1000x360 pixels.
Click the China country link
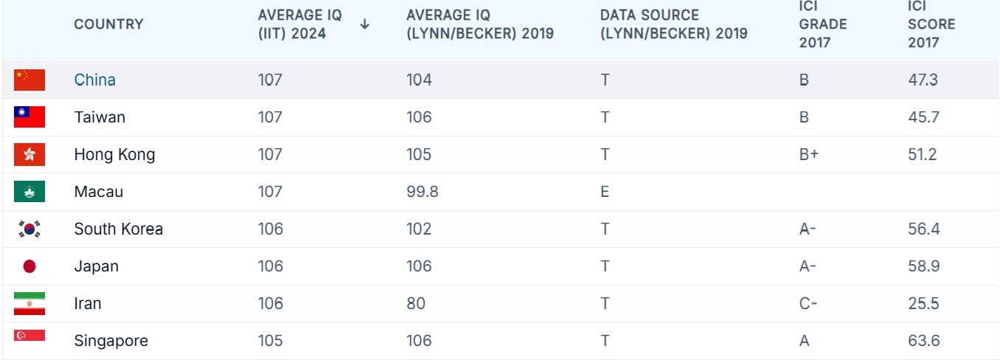point(94,80)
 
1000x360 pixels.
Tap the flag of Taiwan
point(29,117)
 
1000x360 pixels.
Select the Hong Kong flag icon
point(29,154)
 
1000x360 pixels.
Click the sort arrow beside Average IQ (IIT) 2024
point(364,24)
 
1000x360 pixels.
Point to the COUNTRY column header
point(109,24)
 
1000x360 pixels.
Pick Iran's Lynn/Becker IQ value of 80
point(416,303)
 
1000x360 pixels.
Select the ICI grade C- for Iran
point(808,303)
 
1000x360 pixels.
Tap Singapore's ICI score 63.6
point(924,341)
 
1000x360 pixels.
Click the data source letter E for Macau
point(605,192)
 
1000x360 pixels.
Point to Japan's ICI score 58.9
point(924,266)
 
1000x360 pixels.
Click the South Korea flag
point(29,229)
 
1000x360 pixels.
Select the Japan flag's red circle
point(29,266)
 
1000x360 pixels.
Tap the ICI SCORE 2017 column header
point(931,24)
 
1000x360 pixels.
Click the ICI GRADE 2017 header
point(822,24)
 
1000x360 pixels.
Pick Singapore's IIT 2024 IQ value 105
point(270,341)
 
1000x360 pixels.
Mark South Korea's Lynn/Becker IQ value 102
point(419,229)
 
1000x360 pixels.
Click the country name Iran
point(88,303)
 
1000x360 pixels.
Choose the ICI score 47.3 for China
point(923,80)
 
